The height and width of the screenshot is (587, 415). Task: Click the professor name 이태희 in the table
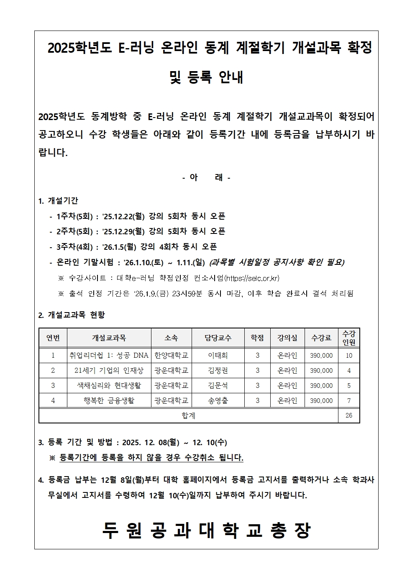[x=218, y=356]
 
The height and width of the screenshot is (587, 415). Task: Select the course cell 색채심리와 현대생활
[x=109, y=386]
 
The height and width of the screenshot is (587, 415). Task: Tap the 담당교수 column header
[x=218, y=338]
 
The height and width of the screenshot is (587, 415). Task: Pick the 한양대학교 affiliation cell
[x=172, y=356]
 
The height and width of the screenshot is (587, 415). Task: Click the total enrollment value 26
[x=349, y=415]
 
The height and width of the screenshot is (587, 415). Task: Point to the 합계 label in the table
[x=188, y=415]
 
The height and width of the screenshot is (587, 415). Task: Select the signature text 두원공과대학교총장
[x=206, y=531]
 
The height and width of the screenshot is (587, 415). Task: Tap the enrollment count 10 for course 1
[x=349, y=356]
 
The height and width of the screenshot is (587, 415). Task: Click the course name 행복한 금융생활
[x=109, y=401]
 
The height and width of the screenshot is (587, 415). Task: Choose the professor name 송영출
[x=218, y=401]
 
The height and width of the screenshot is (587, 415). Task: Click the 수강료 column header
[x=321, y=338]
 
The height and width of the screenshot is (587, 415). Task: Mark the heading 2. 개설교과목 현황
[x=72, y=315]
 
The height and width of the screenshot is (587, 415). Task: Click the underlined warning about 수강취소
[x=151, y=458]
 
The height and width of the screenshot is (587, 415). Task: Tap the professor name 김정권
[x=218, y=371]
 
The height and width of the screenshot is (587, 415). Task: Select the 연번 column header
[x=53, y=338]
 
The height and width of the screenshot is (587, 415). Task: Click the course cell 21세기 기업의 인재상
[x=109, y=371]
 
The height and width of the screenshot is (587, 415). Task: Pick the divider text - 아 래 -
[x=206, y=177]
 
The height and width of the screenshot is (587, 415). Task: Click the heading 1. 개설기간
[x=58, y=201]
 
